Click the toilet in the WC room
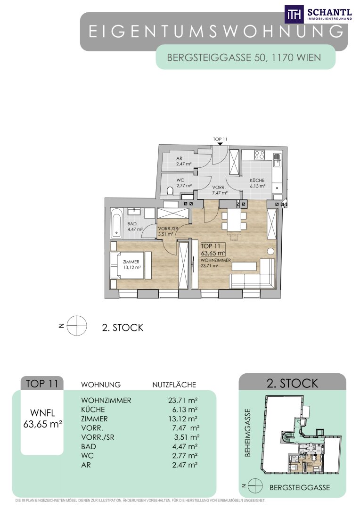tap(170, 191)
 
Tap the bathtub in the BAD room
tap(116, 222)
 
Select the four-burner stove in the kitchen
tap(259, 155)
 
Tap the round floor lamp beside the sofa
tap(270, 251)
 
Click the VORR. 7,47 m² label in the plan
tap(220, 190)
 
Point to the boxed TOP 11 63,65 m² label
tap(213, 249)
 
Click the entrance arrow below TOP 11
tap(220, 143)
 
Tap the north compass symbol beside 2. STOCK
tap(77, 326)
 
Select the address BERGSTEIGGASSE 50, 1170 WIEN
tap(244, 57)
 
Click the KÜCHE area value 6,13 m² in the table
tap(183, 410)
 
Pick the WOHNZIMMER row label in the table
tap(106, 400)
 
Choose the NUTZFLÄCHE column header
tap(174, 385)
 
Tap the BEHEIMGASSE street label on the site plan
tap(248, 433)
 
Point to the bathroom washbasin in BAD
tap(133, 211)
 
